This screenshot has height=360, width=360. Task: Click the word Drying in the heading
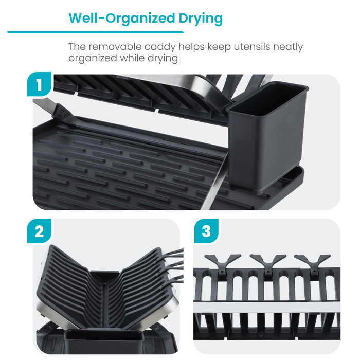(197, 19)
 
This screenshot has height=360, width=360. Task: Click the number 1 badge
(39, 85)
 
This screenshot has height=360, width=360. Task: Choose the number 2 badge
(39, 231)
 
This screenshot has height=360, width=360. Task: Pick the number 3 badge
(206, 231)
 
